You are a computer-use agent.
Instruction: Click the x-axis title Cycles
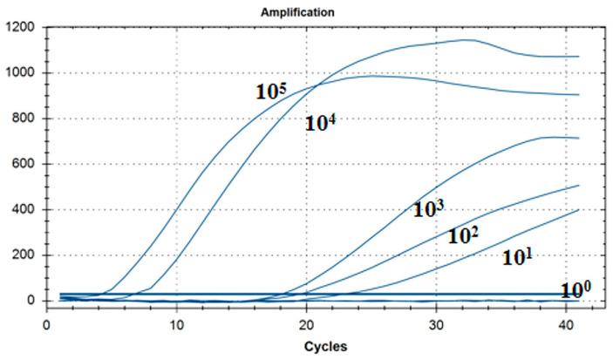325,347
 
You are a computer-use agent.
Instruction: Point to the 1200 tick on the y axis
21,27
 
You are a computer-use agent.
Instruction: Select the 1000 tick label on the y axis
21,73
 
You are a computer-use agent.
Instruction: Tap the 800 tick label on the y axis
24,119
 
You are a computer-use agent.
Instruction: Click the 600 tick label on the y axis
24,164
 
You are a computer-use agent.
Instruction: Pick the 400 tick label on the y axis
24,210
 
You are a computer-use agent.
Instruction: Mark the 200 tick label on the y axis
24,255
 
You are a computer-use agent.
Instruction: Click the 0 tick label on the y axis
31,301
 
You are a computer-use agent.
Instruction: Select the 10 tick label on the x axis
177,323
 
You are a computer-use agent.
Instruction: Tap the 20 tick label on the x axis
306,323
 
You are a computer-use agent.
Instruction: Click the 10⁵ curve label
271,91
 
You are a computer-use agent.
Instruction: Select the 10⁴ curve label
320,123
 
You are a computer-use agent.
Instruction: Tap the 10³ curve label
429,208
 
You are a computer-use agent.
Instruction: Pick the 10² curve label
464,235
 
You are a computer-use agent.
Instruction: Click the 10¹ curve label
518,257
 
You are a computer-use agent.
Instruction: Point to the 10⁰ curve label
576,290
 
